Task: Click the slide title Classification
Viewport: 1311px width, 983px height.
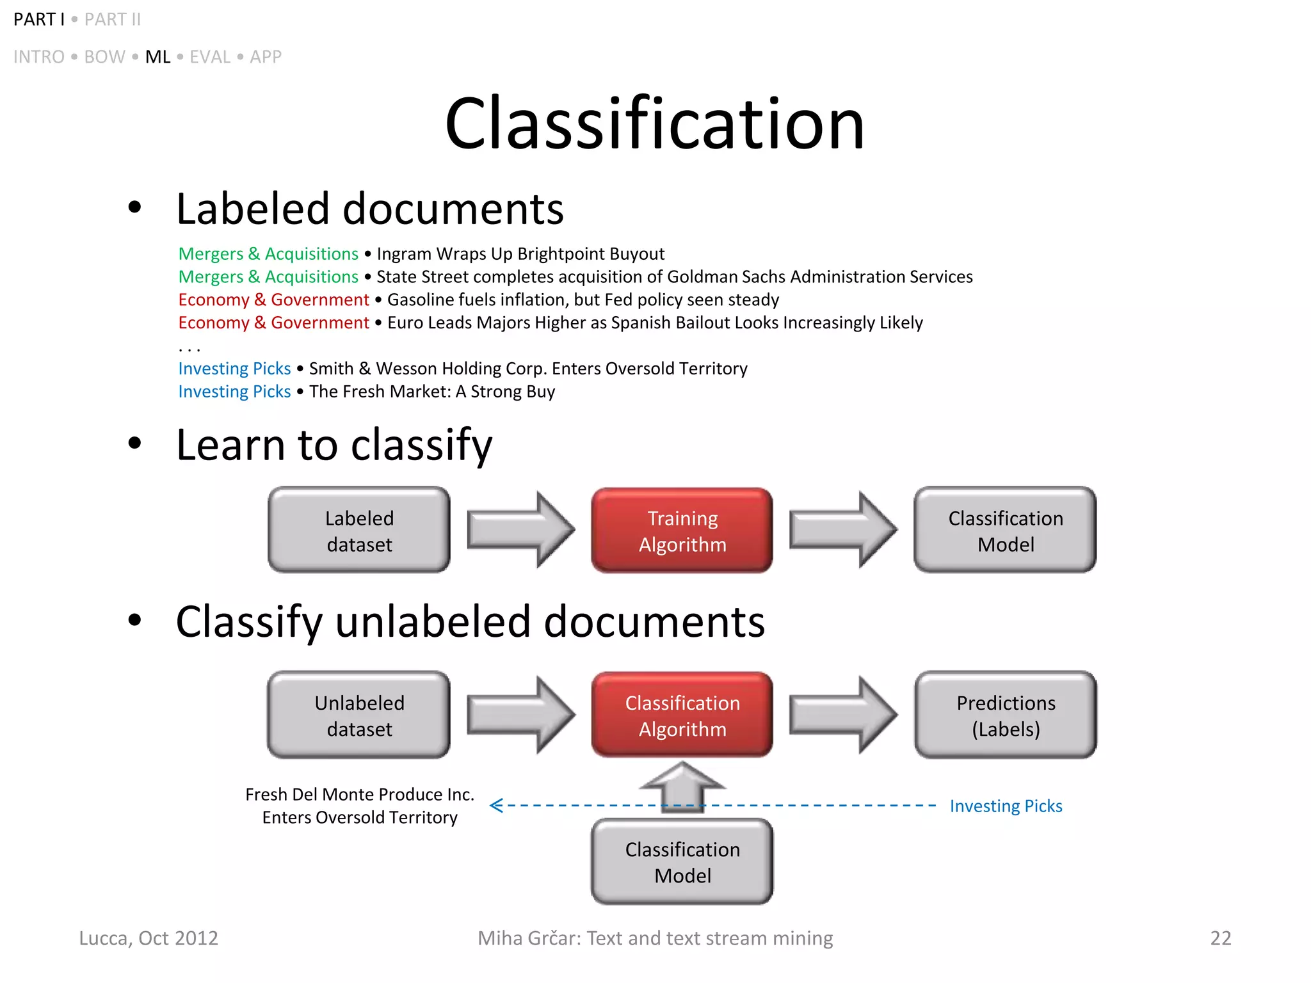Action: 654,124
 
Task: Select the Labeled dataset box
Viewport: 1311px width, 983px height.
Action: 359,531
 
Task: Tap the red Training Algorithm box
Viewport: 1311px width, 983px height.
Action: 682,531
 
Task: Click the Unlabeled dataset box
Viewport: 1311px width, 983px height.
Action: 359,715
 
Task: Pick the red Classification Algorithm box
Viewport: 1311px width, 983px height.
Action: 682,715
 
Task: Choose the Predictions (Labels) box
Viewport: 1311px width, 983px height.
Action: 1006,715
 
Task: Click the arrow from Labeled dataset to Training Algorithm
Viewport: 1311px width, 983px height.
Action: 520,530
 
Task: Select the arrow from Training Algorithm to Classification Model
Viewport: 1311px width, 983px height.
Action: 843,530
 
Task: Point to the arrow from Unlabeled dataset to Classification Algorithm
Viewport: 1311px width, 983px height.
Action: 520,715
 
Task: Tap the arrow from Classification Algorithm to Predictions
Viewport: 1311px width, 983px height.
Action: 843,715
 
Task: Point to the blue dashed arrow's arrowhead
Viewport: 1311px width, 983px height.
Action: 496,806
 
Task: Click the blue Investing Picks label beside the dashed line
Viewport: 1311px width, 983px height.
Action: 1006,806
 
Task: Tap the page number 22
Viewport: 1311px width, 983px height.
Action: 1220,938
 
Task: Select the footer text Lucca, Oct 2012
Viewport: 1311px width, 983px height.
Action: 149,938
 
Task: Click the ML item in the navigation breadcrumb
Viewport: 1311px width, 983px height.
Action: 157,57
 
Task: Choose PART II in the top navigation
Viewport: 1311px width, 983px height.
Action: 113,20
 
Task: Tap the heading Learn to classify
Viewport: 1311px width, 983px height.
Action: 334,445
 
